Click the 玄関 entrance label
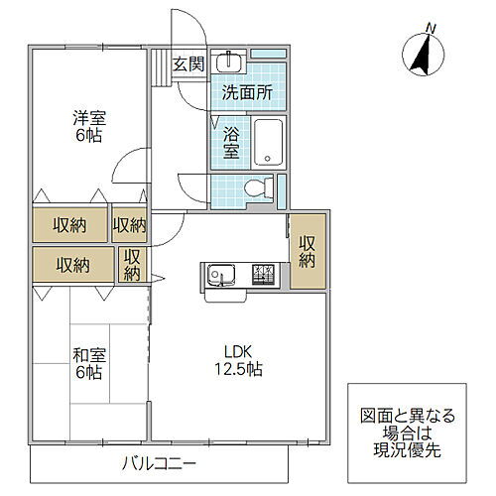pyautogui.click(x=187, y=65)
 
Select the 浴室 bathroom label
pyautogui.click(x=231, y=142)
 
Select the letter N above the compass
pyautogui.click(x=430, y=27)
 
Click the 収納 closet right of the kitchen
pyautogui.click(x=308, y=251)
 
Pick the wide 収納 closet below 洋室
pyautogui.click(x=69, y=225)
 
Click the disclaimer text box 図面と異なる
pyautogui.click(x=410, y=434)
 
